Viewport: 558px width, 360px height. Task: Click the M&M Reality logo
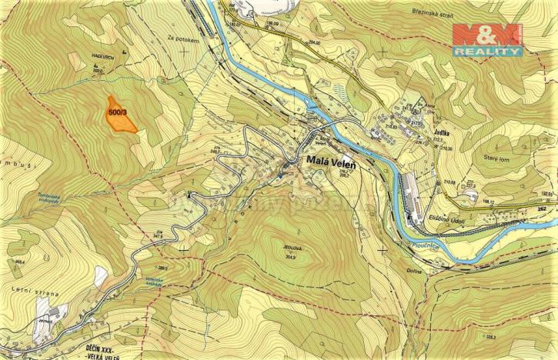point(486,40)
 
